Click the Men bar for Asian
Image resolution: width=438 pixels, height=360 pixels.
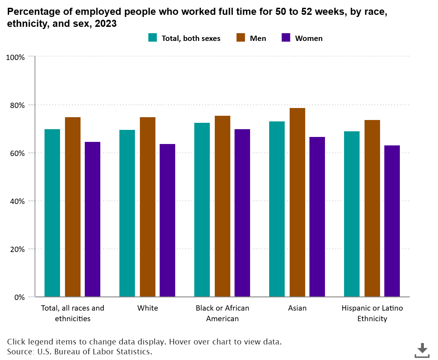297,202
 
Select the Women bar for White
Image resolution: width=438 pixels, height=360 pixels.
167,220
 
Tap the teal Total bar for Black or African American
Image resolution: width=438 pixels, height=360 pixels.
202,210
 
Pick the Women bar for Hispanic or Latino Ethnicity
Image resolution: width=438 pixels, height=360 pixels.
392,221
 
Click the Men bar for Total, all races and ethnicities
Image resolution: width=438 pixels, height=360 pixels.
72,207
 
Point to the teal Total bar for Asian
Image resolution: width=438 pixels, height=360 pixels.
277,209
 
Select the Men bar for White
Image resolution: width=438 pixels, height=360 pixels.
147,207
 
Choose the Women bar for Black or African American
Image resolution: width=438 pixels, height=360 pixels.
242,213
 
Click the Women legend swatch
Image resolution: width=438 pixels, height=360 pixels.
286,38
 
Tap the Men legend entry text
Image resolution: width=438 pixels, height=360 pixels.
258,38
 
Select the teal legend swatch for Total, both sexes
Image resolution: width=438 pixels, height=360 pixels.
152,38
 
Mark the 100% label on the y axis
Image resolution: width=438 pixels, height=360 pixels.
15,57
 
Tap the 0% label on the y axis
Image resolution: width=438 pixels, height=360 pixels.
19,297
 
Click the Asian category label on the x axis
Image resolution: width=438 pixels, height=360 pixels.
297,308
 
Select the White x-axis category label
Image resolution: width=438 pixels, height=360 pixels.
147,308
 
